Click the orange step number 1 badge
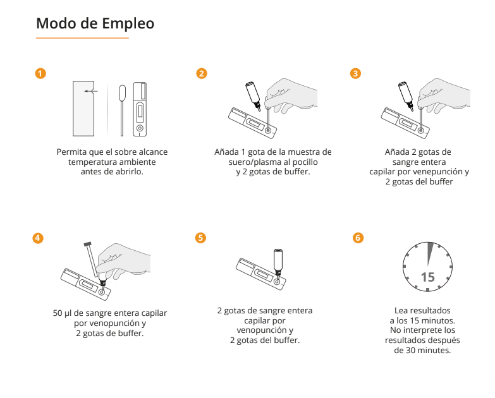pyautogui.click(x=40, y=73)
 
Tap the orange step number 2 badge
pyautogui.click(x=202, y=73)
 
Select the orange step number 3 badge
pyautogui.click(x=355, y=73)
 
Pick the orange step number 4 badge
pyautogui.click(x=38, y=238)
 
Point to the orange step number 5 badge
pyautogui.click(x=200, y=238)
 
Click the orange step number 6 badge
pyautogui.click(x=358, y=238)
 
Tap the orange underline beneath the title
pyautogui.click(x=82, y=38)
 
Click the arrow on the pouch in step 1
pyautogui.click(x=91, y=91)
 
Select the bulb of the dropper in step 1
pyautogui.click(x=122, y=92)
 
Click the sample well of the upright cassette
pyautogui.click(x=140, y=128)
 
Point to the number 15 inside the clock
pyautogui.click(x=428, y=277)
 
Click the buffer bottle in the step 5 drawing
pyautogui.click(x=278, y=262)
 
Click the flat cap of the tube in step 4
pyautogui.click(x=87, y=244)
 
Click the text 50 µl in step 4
pyautogui.click(x=63, y=313)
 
